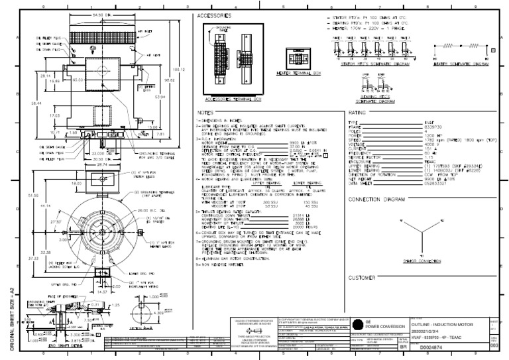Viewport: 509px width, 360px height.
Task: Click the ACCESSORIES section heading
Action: pos(213,15)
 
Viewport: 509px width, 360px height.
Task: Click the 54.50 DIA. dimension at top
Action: pos(100,15)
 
